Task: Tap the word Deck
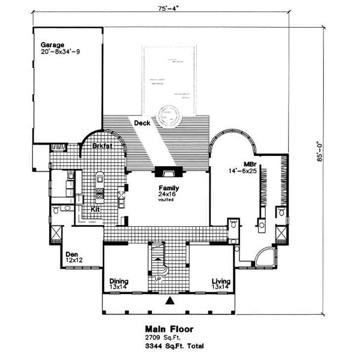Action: pos(142,123)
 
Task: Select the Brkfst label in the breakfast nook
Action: pos(104,146)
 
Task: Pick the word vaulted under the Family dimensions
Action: pos(166,200)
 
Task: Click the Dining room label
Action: pos(120,281)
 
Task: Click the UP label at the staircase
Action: pos(158,280)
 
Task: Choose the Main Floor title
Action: pos(169,329)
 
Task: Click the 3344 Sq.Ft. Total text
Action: pos(169,347)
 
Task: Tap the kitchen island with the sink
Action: pos(99,179)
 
